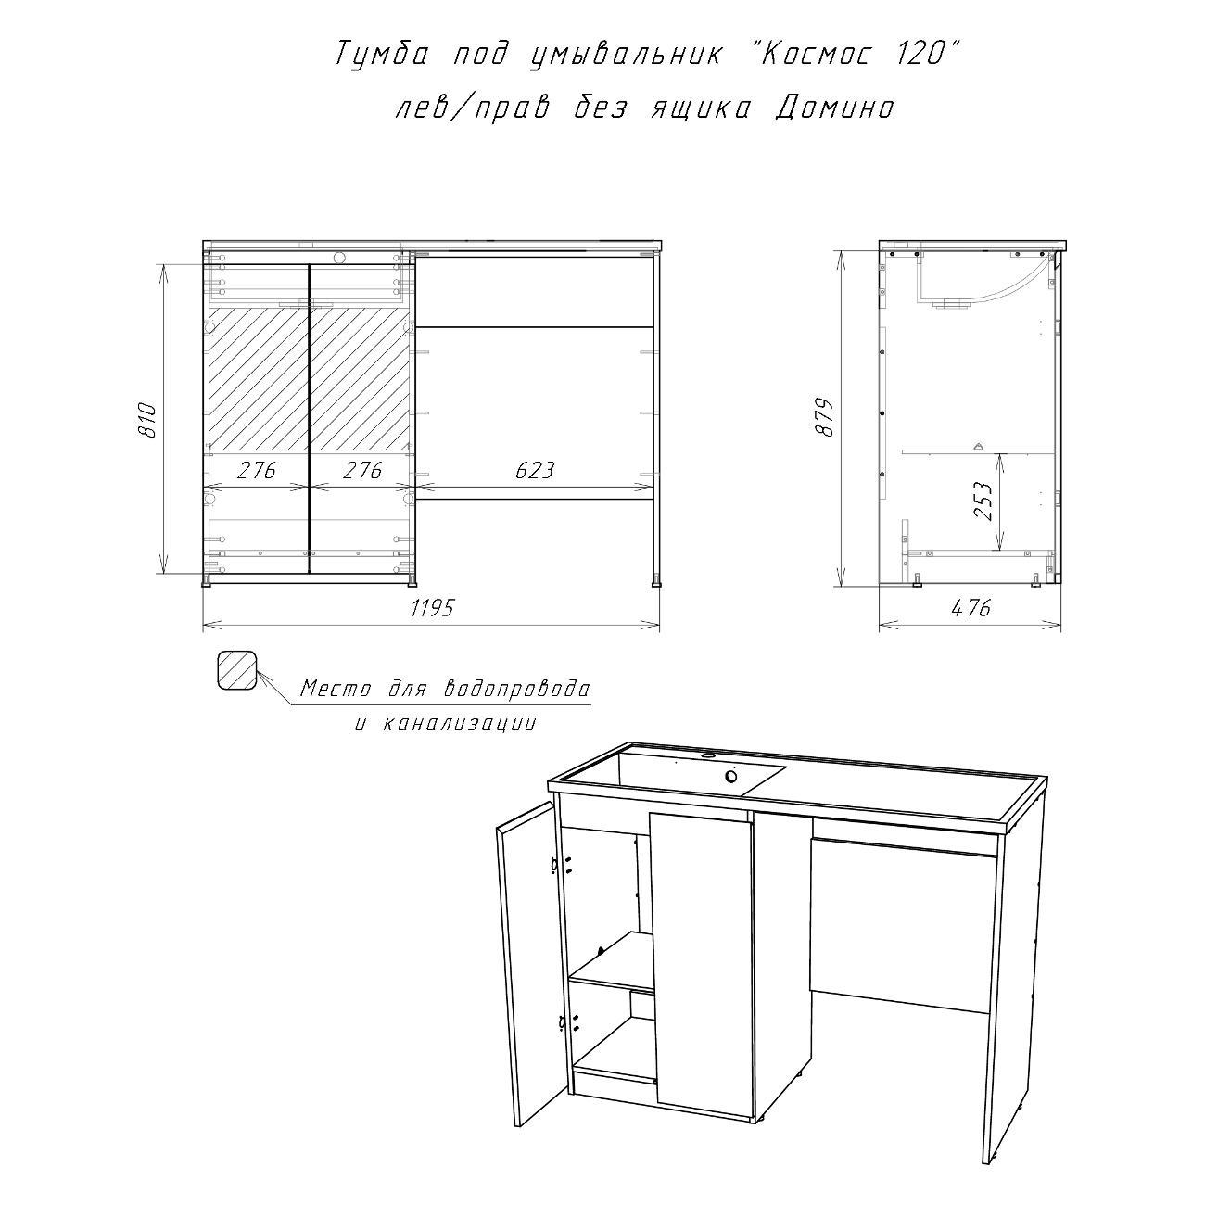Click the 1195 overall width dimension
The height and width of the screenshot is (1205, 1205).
click(x=432, y=607)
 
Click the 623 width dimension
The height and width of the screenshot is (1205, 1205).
click(x=535, y=470)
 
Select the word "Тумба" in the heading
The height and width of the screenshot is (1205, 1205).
click(x=382, y=56)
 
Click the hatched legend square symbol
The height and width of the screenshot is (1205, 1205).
click(x=237, y=669)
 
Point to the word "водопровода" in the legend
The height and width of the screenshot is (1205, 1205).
click(x=516, y=690)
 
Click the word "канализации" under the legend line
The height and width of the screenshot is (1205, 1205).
click(x=459, y=724)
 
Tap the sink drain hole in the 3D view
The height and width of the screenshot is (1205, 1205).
click(x=731, y=776)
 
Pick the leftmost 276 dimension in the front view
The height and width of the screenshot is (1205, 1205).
click(x=257, y=470)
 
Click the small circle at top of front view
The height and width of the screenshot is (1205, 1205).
click(x=339, y=257)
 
